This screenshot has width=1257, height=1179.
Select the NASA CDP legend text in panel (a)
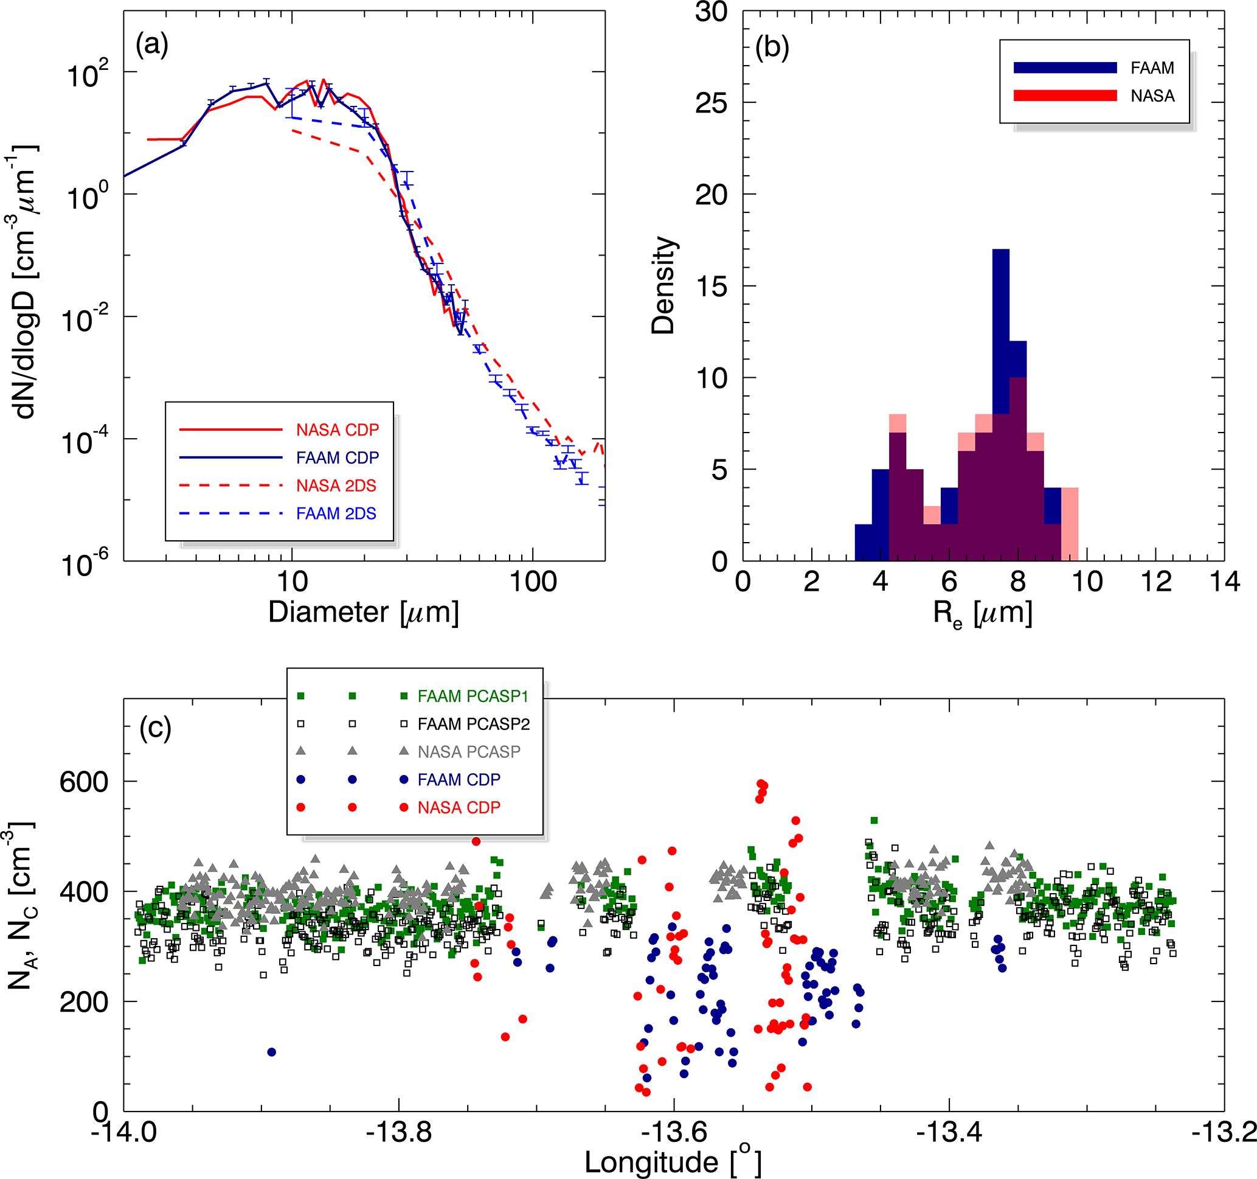337,430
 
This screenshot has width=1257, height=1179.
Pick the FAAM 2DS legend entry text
336,513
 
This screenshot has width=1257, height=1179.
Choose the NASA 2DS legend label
336,485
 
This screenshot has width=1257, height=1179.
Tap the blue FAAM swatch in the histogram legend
1065,68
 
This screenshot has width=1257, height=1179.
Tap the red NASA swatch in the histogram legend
1065,96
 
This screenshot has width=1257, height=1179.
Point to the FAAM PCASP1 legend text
473,697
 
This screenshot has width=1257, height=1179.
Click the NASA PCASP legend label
468,752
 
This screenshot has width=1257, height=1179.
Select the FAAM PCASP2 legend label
474,724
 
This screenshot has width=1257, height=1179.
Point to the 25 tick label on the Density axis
712,103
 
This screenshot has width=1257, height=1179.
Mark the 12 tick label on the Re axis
1156,581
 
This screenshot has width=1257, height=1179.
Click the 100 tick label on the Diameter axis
532,581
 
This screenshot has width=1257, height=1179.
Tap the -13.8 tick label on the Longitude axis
399,1132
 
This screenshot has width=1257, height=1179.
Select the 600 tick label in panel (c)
83,782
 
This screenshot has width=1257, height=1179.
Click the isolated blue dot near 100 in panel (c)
272,1052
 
